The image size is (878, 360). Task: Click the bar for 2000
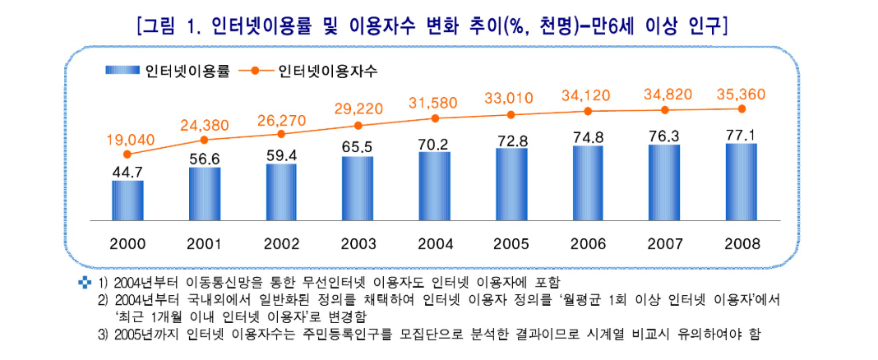pos(127,201)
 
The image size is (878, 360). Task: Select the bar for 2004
pos(434,187)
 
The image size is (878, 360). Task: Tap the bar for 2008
pos(741,182)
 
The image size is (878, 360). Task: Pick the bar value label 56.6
pos(204,159)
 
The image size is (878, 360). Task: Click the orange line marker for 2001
pos(204,140)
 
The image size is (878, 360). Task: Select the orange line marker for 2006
pos(588,111)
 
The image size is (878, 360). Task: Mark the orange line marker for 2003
pos(358,126)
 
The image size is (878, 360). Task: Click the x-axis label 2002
pos(281,244)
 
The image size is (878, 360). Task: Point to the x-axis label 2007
pos(664,244)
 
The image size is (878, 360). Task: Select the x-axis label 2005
pos(511,244)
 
